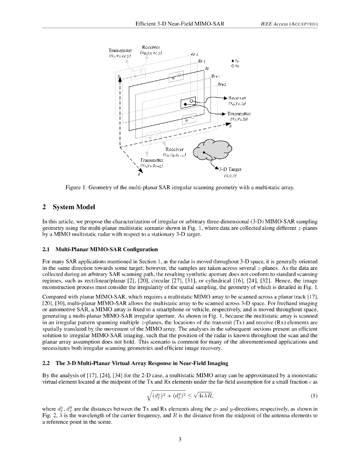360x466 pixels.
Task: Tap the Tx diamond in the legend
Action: [233, 61]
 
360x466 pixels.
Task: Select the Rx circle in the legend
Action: [233, 66]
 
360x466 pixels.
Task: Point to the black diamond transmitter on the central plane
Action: [185, 105]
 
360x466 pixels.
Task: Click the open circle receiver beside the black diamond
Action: [192, 100]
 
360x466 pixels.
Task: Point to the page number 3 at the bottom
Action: [180, 439]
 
